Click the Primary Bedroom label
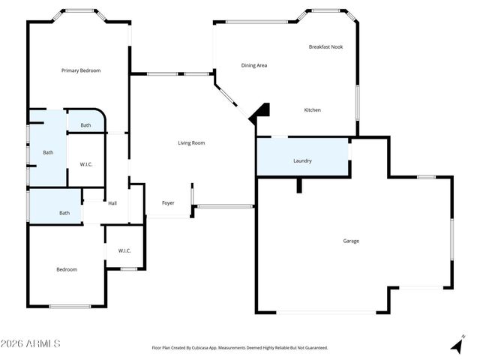81,70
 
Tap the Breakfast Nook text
325,47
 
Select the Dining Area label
254,65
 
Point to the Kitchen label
312,110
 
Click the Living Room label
191,142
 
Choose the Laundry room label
302,160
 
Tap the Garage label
351,241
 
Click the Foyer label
169,203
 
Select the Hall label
112,203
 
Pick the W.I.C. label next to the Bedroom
124,250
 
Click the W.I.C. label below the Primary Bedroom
86,164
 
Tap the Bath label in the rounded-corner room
86,125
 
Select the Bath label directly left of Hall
64,213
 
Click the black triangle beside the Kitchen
259,112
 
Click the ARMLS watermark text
30,343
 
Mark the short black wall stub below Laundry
299,185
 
